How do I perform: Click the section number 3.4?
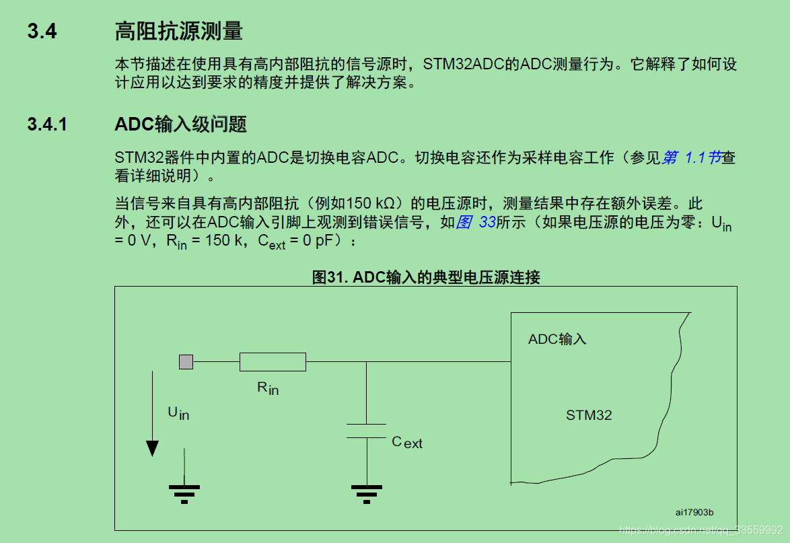[42, 32]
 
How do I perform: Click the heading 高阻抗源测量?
[178, 31]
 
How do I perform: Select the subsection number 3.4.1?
[47, 124]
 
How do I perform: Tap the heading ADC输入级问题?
[180, 124]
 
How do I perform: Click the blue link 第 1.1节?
[692, 157]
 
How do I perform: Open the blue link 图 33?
[476, 223]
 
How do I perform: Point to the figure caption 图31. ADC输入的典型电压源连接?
[426, 277]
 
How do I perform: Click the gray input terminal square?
[186, 362]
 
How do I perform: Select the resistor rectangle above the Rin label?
[273, 362]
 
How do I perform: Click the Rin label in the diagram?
[268, 388]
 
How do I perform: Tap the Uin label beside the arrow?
[178, 412]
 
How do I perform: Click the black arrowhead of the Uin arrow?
[153, 448]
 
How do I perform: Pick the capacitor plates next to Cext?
[366, 431]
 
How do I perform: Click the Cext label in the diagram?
[407, 442]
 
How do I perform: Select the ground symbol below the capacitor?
[366, 495]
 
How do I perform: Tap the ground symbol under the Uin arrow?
[184, 495]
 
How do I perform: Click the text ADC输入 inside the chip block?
[557, 339]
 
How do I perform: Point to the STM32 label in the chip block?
[589, 415]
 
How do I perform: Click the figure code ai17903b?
[695, 512]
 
